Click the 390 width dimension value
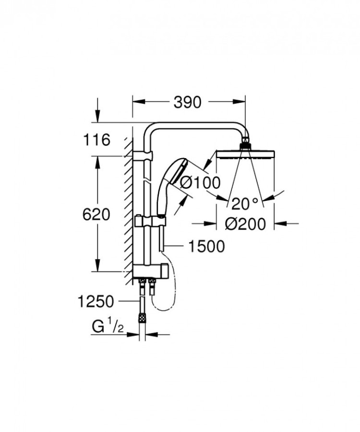coord(188,102)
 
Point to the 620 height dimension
coord(96,214)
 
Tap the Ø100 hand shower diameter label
coord(198,182)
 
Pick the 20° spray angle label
coord(244,204)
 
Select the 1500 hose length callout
coord(206,247)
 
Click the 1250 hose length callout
coord(96,302)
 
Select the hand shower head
coord(171,180)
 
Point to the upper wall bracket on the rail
coord(144,156)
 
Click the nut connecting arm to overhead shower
coord(245,142)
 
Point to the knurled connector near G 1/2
coord(142,318)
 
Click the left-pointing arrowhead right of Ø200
coord(279,223)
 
